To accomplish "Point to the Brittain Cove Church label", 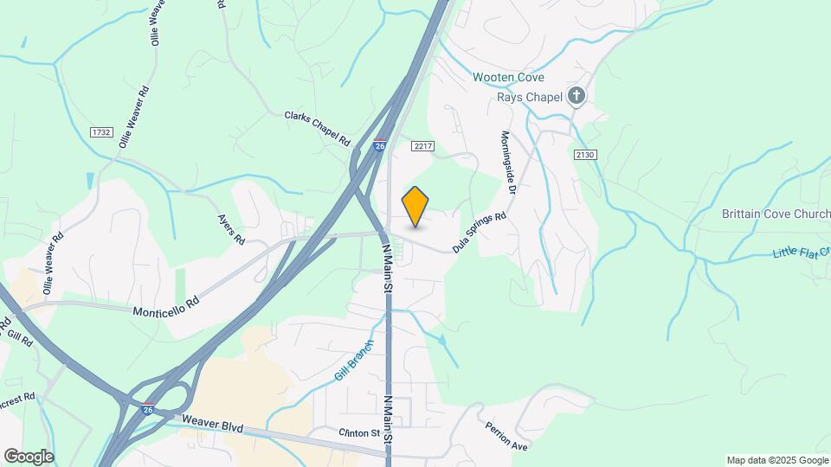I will point(776,214).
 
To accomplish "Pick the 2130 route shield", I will point(585,155).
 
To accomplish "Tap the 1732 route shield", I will point(101,131).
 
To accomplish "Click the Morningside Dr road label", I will point(507,163).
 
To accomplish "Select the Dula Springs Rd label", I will point(479,233).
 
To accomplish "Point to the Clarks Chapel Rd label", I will point(317,128).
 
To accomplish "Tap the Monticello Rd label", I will point(167,305).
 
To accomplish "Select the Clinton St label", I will point(359,432).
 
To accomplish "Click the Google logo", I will point(29,457).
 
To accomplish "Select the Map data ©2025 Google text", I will point(776,460).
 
